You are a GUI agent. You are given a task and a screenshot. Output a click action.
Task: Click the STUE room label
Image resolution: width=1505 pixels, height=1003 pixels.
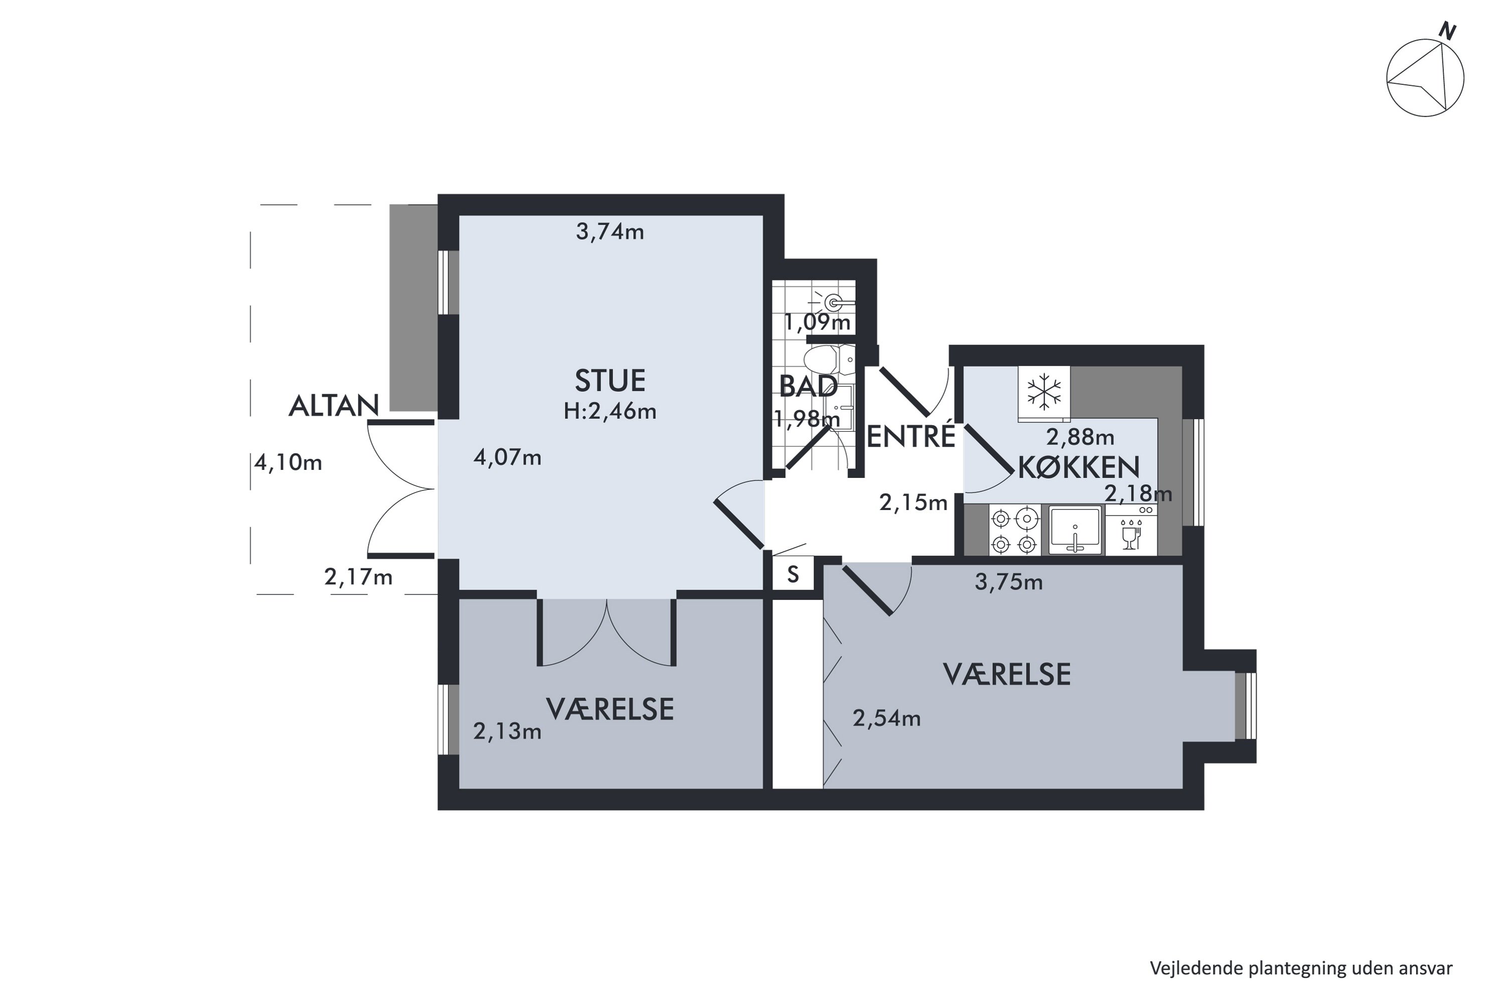610,381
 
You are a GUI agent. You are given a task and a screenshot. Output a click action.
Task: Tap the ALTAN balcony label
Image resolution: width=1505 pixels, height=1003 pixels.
334,406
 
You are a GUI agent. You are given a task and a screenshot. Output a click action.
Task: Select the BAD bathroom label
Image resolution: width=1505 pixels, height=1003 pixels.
808,386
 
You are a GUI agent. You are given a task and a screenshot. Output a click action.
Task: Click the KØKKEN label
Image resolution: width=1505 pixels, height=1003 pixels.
1079,467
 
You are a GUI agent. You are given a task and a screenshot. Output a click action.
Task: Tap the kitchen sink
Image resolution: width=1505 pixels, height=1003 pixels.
1075,530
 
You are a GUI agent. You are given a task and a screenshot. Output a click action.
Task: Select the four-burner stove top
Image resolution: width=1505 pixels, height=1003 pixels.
1015,530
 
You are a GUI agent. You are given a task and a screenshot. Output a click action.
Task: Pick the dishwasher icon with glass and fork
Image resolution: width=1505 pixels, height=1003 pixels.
1131,530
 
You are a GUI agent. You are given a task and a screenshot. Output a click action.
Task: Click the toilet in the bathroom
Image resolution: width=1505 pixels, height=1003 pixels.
829,360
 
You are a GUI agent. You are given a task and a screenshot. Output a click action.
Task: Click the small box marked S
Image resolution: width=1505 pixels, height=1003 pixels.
793,574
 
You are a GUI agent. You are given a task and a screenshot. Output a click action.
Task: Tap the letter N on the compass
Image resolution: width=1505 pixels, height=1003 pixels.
1447,31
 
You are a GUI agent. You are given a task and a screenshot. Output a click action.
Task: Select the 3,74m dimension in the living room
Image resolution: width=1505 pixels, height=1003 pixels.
610,232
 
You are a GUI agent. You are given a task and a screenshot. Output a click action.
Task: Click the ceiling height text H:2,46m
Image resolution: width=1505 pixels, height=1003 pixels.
610,411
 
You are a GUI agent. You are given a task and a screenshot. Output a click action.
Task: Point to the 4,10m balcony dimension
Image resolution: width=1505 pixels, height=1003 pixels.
288,462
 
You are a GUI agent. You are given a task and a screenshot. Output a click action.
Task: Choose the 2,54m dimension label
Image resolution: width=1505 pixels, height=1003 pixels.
887,718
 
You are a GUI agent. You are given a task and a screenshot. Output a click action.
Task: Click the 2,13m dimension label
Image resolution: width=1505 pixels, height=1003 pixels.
507,731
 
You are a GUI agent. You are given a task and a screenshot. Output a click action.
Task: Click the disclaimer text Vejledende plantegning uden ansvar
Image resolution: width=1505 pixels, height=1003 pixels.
1301,968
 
